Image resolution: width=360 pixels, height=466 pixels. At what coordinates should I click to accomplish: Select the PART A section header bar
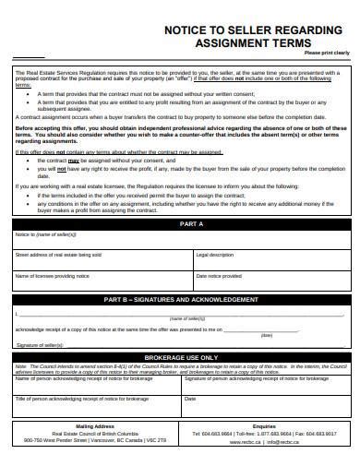click(x=181, y=224)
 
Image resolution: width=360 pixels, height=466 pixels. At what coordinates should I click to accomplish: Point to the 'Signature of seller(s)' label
click(x=40, y=344)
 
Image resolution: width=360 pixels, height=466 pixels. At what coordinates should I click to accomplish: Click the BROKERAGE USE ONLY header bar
click(x=181, y=357)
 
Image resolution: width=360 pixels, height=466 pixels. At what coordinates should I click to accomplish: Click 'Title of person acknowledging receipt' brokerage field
click(x=97, y=406)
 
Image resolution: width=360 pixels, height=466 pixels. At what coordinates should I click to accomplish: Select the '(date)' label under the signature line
click(x=267, y=335)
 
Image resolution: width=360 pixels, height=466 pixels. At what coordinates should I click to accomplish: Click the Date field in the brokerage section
click(x=268, y=406)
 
